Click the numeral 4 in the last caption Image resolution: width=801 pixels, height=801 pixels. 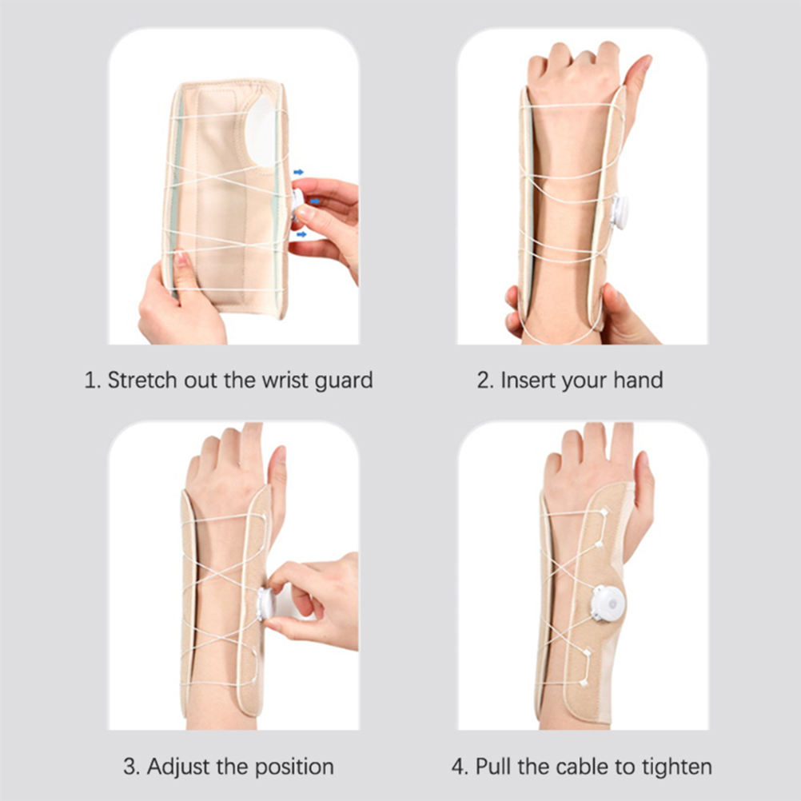(458, 767)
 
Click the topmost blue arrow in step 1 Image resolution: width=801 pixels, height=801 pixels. (299, 172)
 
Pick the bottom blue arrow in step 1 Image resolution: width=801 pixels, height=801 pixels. (302, 234)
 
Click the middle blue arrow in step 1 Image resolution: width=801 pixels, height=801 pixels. (315, 201)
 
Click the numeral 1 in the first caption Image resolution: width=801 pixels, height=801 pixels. (90, 381)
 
